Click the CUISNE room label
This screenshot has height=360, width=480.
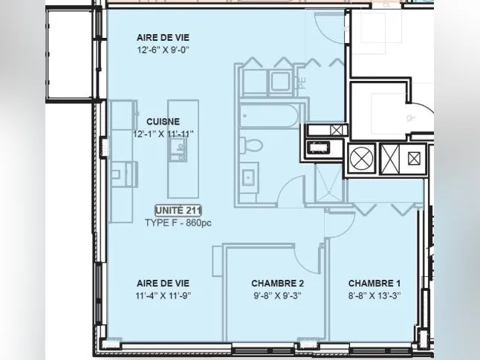click(x=163, y=122)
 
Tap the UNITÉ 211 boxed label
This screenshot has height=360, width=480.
click(x=178, y=211)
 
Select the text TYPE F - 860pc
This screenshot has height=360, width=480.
click(x=178, y=223)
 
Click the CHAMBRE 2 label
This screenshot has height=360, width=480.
click(x=277, y=284)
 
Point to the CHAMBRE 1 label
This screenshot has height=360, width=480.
click(x=374, y=284)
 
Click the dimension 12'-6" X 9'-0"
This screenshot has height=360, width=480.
click(x=163, y=50)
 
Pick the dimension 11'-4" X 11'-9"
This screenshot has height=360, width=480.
click(x=163, y=295)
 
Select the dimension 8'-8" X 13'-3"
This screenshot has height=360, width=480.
click(x=374, y=295)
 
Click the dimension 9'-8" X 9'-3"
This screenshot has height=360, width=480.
click(x=277, y=295)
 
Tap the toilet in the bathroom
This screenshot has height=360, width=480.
click(x=250, y=145)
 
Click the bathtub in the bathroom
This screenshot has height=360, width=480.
click(x=269, y=116)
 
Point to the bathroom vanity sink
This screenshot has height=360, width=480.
click(x=249, y=177)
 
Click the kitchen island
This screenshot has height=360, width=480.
click(x=183, y=149)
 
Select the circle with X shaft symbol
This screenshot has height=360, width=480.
click(x=362, y=159)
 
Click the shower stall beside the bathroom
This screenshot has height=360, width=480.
click(x=330, y=183)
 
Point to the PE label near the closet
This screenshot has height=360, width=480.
click(x=302, y=83)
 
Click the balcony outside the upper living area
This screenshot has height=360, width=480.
click(x=70, y=55)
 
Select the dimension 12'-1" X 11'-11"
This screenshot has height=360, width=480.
click(x=163, y=134)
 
